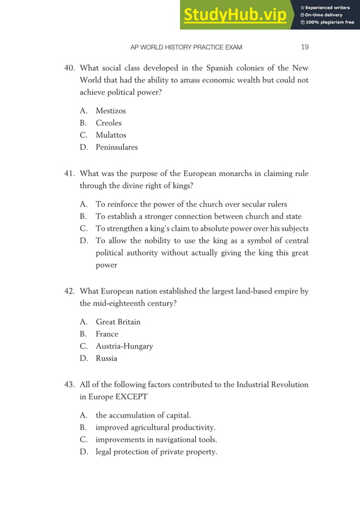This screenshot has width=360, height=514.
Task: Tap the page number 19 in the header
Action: [304, 47]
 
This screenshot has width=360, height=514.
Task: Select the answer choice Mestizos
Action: [111, 111]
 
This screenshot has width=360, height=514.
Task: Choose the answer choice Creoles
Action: [108, 123]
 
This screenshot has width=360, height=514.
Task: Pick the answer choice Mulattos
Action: [111, 135]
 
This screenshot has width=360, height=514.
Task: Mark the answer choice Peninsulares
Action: [116, 148]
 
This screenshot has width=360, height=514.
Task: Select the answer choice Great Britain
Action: [118, 322]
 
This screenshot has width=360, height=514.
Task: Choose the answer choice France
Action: [107, 334]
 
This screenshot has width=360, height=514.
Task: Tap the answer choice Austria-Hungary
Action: [124, 346]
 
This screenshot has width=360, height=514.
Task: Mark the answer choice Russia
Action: [107, 359]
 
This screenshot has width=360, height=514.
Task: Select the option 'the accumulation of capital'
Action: [143, 415]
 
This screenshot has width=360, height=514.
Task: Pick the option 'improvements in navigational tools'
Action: [156, 440]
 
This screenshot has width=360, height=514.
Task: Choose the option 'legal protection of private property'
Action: [156, 452]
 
